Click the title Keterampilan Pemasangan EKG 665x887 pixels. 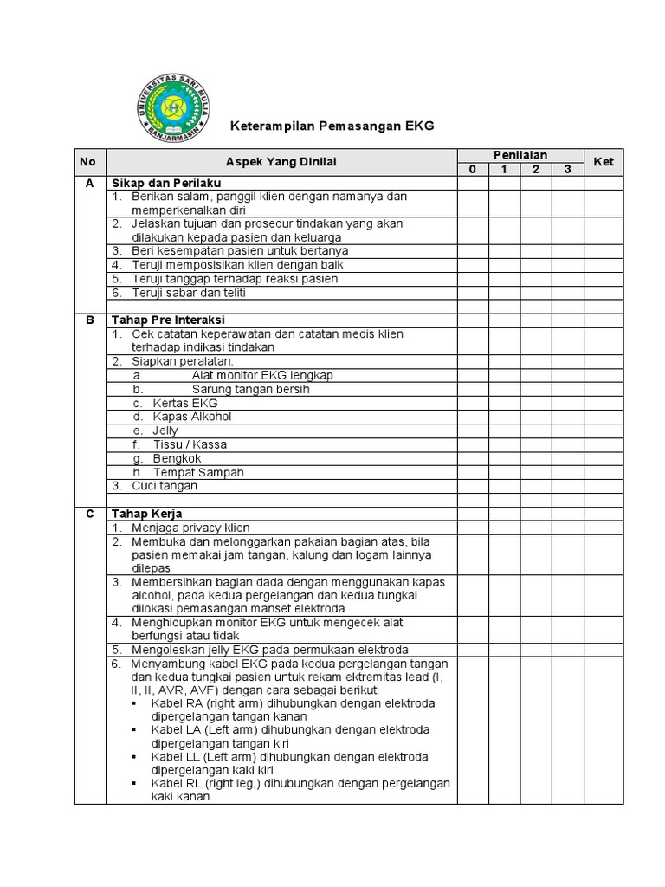pyautogui.click(x=331, y=126)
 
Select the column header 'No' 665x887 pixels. pyautogui.click(x=88, y=162)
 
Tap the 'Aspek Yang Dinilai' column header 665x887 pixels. pyautogui.click(x=281, y=162)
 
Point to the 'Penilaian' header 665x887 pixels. pyautogui.click(x=520, y=155)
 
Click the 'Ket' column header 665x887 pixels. pyautogui.click(x=603, y=162)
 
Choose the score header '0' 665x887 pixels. pyautogui.click(x=473, y=170)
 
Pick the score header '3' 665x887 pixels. pyautogui.click(x=567, y=170)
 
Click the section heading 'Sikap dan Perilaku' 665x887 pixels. pyautogui.click(x=165, y=184)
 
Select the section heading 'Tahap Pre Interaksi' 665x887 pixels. pyautogui.click(x=167, y=320)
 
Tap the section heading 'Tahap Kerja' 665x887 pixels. pyautogui.click(x=146, y=514)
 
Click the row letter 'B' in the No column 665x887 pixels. pyautogui.click(x=88, y=320)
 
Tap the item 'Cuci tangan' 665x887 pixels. pyautogui.click(x=165, y=486)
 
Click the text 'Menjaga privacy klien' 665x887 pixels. pyautogui.click(x=190, y=528)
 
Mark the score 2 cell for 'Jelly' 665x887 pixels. pyautogui.click(x=536, y=431)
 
